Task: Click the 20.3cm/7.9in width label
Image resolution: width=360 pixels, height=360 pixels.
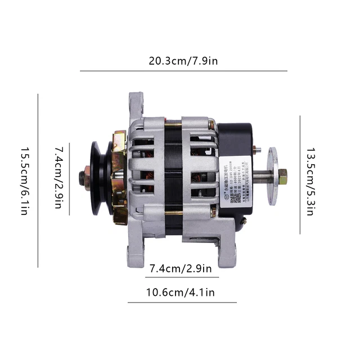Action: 183,60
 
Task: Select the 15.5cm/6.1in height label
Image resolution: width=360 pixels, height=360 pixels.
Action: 25,181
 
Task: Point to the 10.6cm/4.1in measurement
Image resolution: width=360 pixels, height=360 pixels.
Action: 180,292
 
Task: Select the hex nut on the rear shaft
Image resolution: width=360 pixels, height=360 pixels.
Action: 282,177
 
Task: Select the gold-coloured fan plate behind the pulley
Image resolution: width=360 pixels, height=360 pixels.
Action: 119,177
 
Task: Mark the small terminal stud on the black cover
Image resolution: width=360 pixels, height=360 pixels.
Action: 257,150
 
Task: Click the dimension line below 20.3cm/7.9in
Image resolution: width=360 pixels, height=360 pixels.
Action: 183,71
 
